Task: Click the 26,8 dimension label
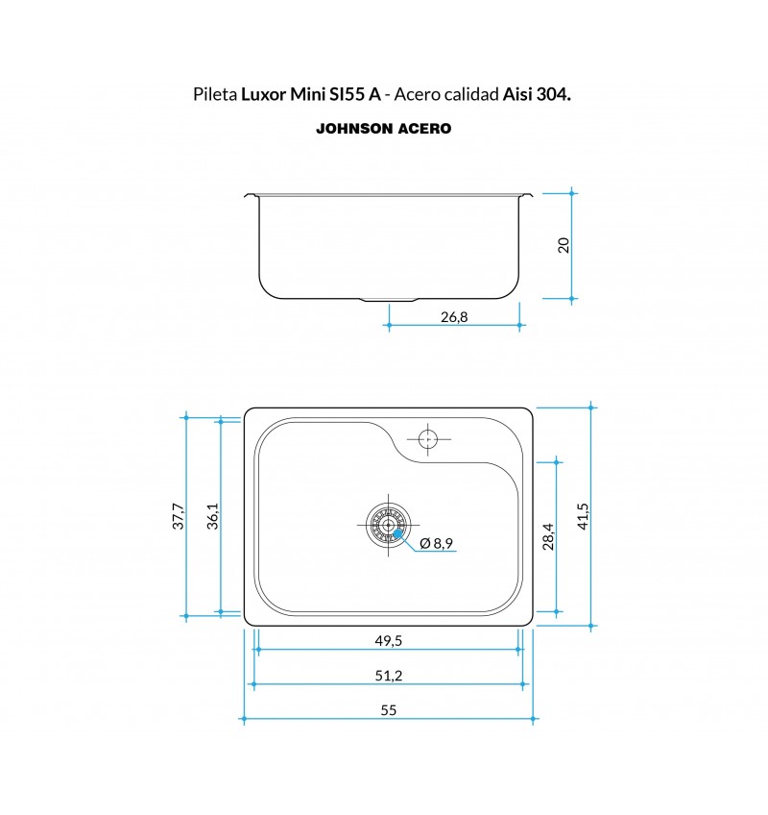coord(454,316)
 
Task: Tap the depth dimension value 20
coord(563,245)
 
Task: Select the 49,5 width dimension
coord(389,641)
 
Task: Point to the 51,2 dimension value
coord(389,676)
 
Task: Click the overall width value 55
coord(389,710)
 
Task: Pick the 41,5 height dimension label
coord(583,516)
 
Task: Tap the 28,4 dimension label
coord(548,536)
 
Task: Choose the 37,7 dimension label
coord(178,515)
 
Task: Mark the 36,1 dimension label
coord(213,515)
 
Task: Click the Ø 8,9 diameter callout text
coord(436,543)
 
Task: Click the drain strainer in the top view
coord(388,525)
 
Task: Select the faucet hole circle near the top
coord(428,439)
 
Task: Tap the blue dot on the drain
coord(397,532)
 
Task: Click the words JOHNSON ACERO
coord(384,129)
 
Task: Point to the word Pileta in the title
coord(215,94)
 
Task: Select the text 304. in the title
coord(554,94)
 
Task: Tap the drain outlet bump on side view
coord(389,300)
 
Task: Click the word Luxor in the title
coord(264,94)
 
